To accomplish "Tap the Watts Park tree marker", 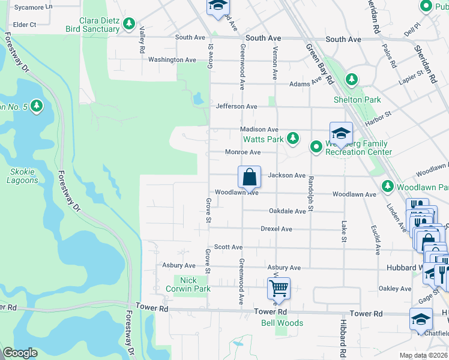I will [293, 139].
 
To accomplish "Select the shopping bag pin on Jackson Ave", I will [249, 178].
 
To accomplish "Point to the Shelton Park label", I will [357, 100].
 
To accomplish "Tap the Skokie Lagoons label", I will [22, 176].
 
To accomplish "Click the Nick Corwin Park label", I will [196, 284].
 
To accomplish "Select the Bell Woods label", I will [282, 323].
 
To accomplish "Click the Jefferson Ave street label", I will [237, 106].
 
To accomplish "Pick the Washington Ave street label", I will [172, 60].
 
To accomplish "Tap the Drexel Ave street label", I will [276, 229].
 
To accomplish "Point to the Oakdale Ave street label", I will [288, 211].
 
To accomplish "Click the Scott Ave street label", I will [228, 247].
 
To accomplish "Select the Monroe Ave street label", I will [243, 152].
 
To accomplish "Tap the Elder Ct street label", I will [25, 25].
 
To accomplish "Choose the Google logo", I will [20, 353].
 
